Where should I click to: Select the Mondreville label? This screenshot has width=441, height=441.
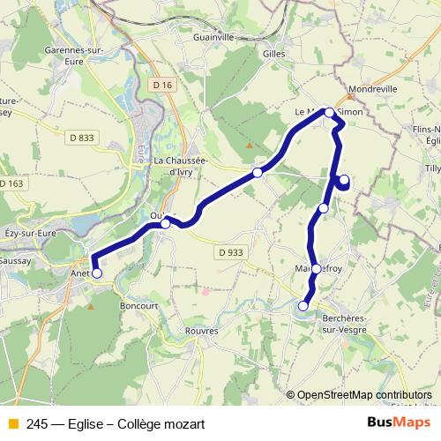click(x=373, y=89)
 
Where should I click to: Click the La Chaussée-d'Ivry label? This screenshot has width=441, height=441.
click(x=181, y=166)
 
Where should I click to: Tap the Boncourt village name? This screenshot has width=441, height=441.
click(x=138, y=305)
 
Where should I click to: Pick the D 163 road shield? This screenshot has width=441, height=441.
click(x=11, y=183)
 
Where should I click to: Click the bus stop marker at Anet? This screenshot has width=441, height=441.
click(x=97, y=273)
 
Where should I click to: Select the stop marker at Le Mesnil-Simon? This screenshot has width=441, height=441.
click(x=329, y=112)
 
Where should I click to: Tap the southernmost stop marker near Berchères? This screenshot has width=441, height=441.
click(x=303, y=306)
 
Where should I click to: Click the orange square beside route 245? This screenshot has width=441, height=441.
click(x=13, y=424)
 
